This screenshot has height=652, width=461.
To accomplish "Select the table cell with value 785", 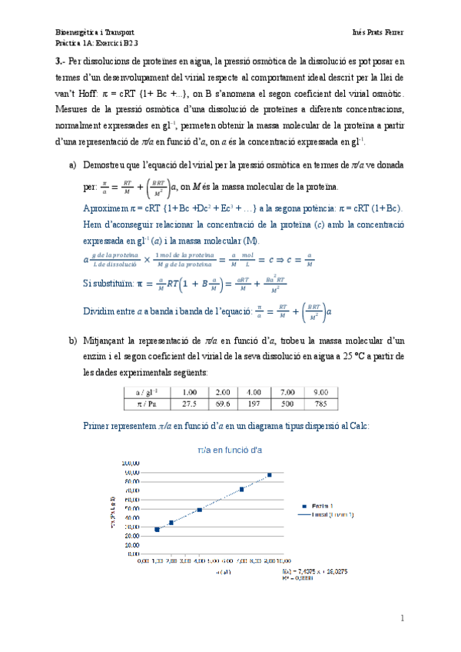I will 321,404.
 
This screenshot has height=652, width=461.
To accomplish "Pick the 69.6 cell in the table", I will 223,404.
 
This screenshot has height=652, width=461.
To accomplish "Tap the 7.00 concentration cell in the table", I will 289,391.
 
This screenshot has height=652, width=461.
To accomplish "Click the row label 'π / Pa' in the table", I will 144,404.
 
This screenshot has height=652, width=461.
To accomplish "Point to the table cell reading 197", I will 255,404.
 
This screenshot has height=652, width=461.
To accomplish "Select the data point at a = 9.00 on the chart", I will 270,475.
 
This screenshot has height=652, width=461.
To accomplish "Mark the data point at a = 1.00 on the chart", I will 158,529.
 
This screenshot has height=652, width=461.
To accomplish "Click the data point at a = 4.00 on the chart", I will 200,510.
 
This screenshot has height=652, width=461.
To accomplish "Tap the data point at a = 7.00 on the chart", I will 242,489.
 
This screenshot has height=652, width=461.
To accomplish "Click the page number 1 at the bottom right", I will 402,619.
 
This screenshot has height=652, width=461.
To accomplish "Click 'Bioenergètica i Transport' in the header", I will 96,34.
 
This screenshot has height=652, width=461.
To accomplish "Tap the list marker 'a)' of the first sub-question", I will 73,166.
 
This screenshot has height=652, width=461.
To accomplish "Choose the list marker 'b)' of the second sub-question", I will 73,340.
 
